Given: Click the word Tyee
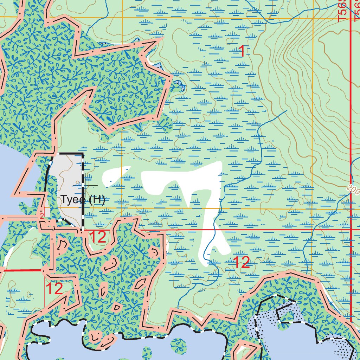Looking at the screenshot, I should (73, 200).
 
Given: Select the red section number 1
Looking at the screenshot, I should (242, 52).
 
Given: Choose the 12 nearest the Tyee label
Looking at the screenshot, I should (98, 237).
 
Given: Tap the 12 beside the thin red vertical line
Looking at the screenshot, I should (54, 289).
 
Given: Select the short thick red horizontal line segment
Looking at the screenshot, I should (21, 270).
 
